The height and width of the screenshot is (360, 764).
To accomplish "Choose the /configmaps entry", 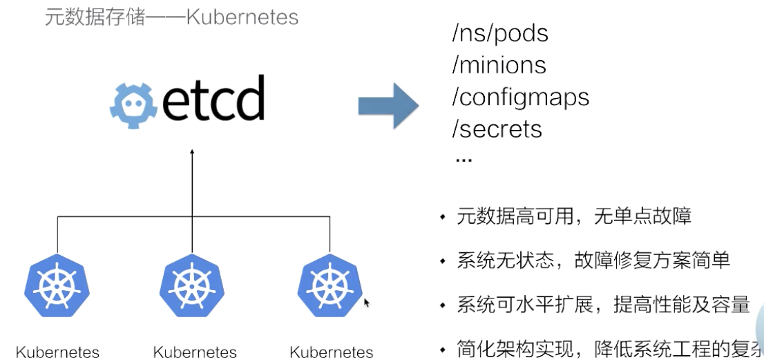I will click(520, 97).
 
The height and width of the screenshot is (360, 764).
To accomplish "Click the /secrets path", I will click(497, 129).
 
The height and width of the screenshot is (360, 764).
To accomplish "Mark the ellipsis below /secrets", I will click(464, 159).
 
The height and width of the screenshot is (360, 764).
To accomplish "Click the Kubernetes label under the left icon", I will click(57, 352).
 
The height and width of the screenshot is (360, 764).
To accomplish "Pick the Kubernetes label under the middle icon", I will click(194, 352).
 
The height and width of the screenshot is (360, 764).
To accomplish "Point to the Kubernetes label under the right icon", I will click(331, 352).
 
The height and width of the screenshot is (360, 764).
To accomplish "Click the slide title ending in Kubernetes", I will click(171, 16).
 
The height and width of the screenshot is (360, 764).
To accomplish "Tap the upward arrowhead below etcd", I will click(192, 151).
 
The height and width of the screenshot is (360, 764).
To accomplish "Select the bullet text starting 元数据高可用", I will click(573, 217).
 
